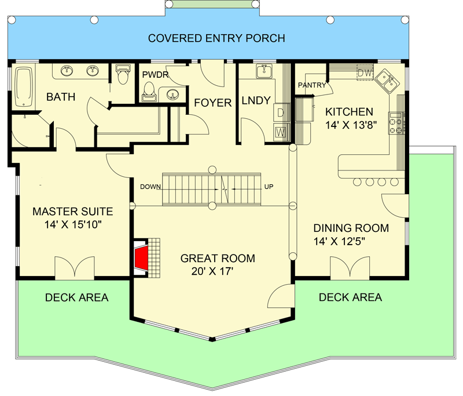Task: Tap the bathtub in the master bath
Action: tap(24, 88)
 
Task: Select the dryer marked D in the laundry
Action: tap(281, 112)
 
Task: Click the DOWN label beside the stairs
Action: tap(149, 187)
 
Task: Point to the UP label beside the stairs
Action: tap(269, 187)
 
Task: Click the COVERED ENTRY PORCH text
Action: tap(216, 39)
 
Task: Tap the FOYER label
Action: tap(212, 103)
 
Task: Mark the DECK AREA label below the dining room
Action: tap(350, 297)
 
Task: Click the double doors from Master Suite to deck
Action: tap(74, 267)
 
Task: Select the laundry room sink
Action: tap(264, 71)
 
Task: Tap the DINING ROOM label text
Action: tap(351, 228)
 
